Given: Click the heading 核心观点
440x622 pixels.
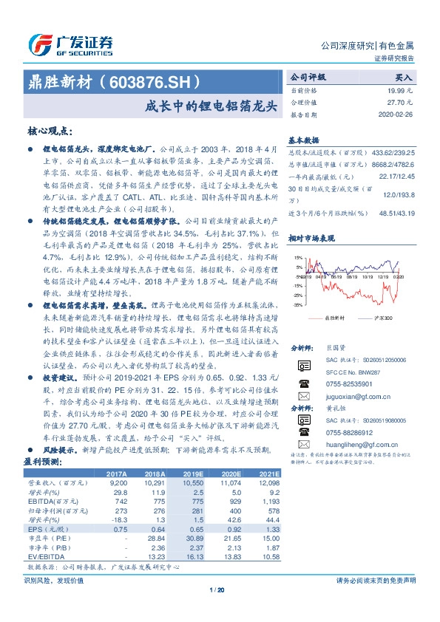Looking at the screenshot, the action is click(x=50, y=130).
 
